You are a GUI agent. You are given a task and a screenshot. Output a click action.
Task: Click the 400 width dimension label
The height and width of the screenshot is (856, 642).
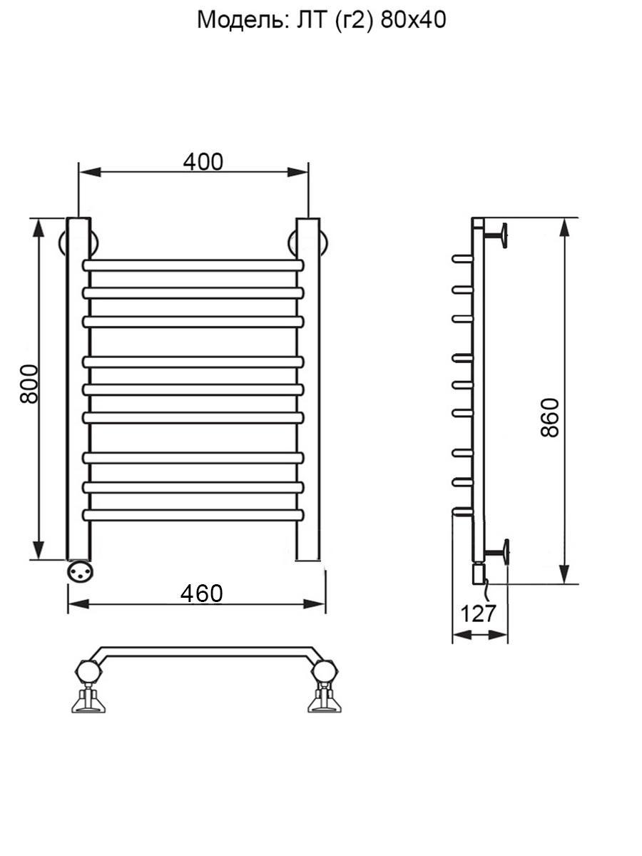coord(203,162)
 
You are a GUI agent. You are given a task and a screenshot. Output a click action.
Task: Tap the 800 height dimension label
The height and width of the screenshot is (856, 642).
coord(29,384)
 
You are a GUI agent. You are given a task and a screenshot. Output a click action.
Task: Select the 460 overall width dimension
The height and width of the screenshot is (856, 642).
coord(202,594)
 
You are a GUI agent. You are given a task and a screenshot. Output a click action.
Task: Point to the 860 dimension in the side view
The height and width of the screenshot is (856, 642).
coord(551,418)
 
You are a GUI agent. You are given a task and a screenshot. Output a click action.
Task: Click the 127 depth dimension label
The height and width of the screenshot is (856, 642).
coord(478,613)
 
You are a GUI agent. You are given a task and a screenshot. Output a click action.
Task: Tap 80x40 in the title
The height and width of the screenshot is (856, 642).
coord(413,20)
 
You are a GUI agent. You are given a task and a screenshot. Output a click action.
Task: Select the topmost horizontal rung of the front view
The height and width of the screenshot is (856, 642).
coord(193,265)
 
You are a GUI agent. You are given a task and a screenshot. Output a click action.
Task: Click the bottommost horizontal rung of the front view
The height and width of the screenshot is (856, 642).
coord(193,515)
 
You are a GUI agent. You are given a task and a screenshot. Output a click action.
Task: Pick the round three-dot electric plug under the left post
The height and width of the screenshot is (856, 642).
coord(80,572)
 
